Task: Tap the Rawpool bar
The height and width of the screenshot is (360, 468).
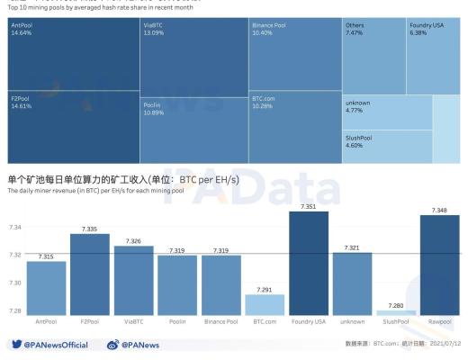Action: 439,265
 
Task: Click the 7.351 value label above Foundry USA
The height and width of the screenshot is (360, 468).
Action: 309,206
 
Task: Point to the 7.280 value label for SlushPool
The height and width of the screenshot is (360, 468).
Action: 396,305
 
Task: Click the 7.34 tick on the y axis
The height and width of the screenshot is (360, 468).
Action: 15,228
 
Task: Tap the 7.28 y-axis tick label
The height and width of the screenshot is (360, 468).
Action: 15,310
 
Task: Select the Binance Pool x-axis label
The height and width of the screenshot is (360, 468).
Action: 221,321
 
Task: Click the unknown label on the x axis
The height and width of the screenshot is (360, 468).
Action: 352,321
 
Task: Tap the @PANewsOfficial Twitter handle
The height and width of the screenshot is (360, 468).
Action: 56,345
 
